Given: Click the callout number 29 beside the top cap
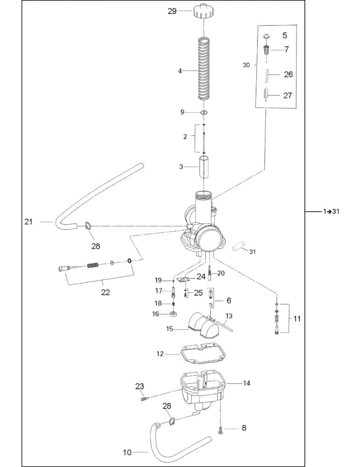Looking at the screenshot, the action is coord(172,11).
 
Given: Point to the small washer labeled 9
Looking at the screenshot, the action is coord(204,112).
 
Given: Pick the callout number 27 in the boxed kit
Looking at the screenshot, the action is coord(287,96).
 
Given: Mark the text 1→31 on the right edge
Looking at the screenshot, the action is coord(331,212).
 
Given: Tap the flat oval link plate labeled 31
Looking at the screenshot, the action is coord(239,247).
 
